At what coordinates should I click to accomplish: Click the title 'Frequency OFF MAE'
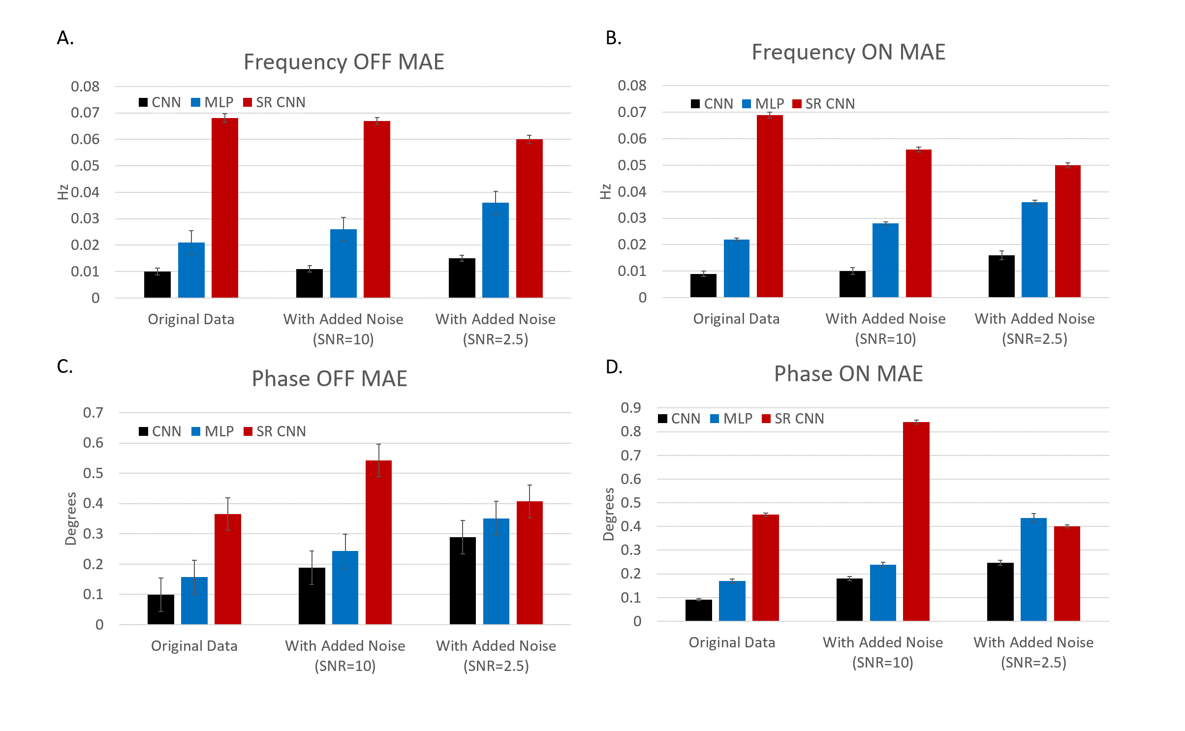click(x=343, y=62)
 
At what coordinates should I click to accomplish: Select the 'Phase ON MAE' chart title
click(x=848, y=374)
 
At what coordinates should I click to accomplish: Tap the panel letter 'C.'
click(x=65, y=366)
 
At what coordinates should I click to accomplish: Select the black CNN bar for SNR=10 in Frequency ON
click(x=852, y=284)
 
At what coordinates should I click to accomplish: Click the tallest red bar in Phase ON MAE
click(x=916, y=521)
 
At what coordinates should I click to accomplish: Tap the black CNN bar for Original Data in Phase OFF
click(x=161, y=609)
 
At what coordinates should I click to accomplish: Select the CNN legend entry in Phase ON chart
click(x=679, y=419)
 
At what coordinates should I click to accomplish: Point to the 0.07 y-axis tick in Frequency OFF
click(x=85, y=113)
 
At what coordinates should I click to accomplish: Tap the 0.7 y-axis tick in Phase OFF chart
click(x=93, y=413)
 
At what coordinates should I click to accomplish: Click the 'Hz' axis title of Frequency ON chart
click(x=605, y=191)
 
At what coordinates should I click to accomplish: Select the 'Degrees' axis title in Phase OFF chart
click(x=71, y=518)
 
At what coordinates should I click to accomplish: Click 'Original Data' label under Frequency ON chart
click(x=736, y=319)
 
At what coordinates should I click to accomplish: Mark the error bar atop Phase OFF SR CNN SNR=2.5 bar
click(x=530, y=501)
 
